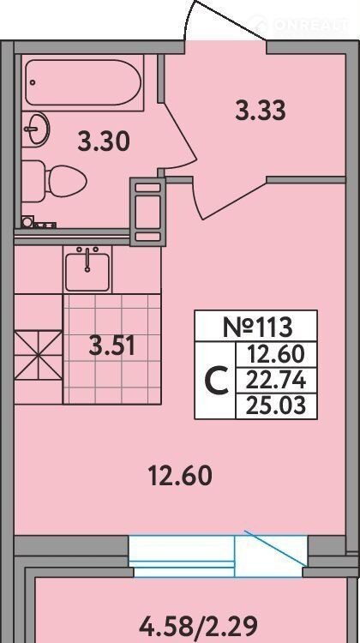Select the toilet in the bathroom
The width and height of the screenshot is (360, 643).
53,181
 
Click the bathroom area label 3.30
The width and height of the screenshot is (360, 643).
104,141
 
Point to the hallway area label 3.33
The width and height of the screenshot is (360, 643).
261,111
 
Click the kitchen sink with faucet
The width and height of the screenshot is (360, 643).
87,269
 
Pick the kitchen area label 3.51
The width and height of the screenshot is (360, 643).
112,346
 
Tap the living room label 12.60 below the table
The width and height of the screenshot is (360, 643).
180,477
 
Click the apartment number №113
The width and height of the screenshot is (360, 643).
258,327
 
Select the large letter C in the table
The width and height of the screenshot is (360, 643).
216,381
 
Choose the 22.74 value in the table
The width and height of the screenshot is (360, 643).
276,381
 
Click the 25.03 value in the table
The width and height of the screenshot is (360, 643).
276,406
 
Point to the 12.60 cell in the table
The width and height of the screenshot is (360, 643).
276,355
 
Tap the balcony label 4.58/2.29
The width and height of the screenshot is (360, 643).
198,626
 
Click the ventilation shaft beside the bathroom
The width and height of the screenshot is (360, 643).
147,212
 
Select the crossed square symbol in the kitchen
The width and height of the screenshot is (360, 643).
38,355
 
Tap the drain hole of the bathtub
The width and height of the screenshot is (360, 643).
33,82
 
